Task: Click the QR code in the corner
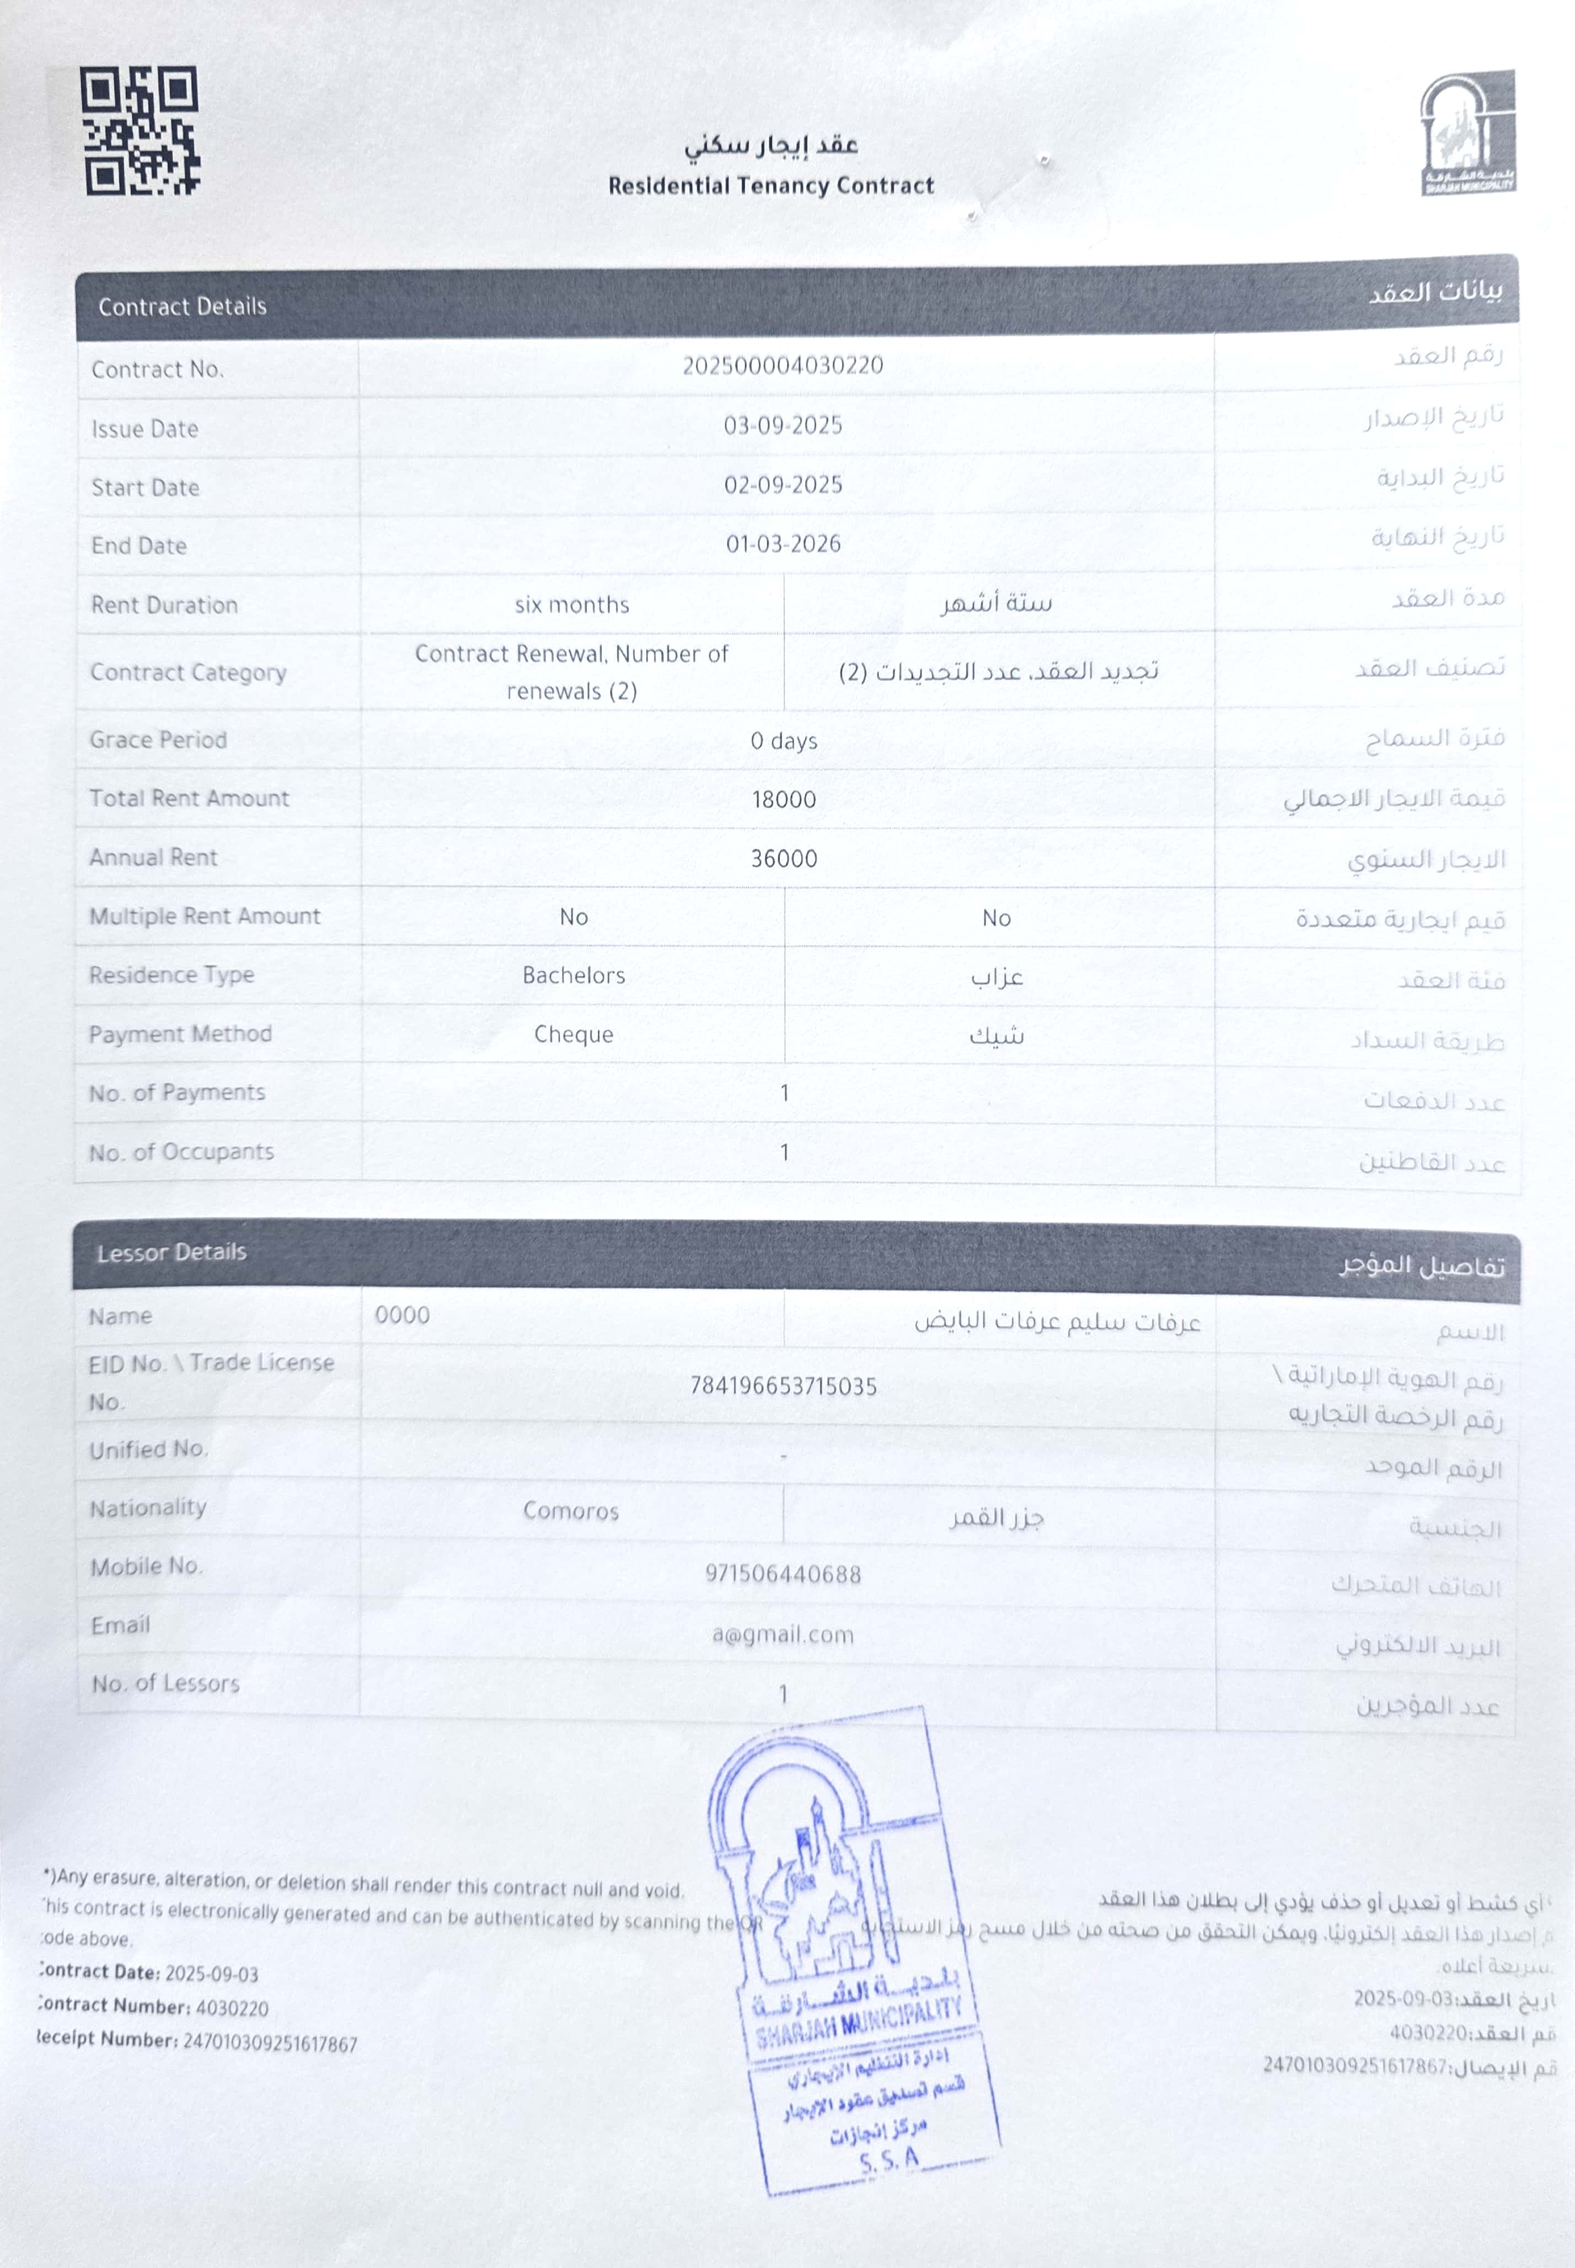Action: (x=139, y=130)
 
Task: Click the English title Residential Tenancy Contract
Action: (x=771, y=185)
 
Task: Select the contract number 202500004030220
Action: (x=783, y=365)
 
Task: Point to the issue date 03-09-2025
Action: (x=783, y=425)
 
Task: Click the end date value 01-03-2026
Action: (x=783, y=544)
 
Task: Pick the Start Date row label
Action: (x=145, y=488)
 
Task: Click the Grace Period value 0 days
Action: (x=784, y=741)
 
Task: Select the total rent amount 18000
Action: (x=784, y=799)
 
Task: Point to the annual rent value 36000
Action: (x=784, y=859)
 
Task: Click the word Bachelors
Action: (x=574, y=975)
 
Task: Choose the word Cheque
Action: (x=574, y=1034)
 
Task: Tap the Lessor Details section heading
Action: (x=172, y=1253)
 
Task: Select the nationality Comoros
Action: (x=570, y=1511)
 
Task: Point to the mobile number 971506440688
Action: (x=783, y=1574)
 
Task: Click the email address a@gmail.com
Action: (x=783, y=1634)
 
